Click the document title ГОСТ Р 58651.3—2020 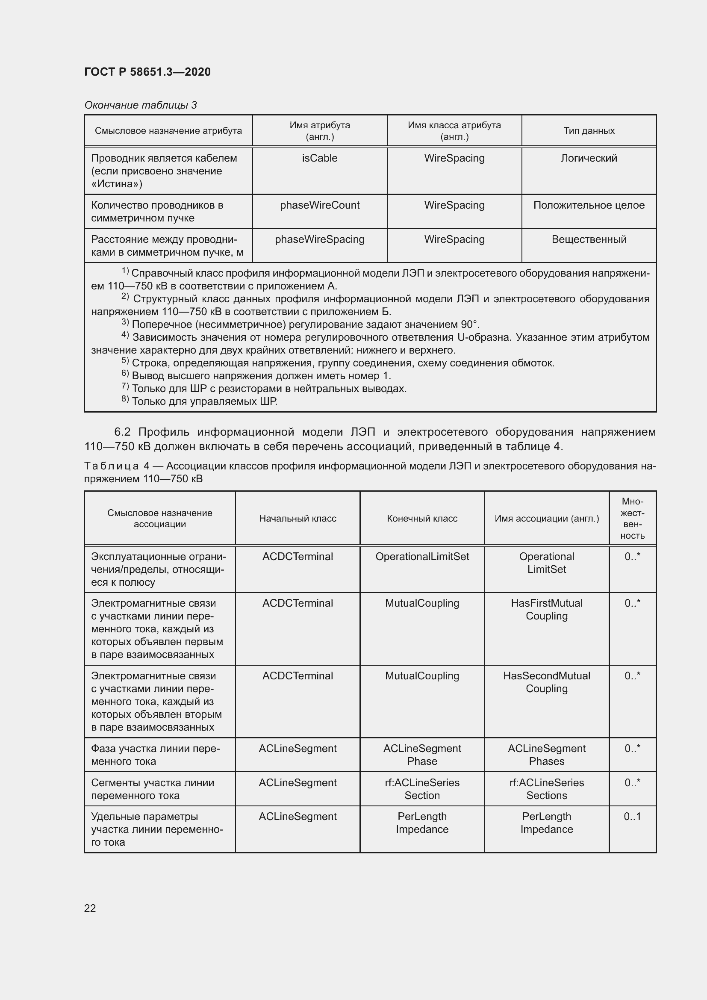coord(147,72)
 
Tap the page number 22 coord(90,908)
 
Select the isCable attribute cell coord(320,158)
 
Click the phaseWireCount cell coord(320,205)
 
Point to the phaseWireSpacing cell coord(320,239)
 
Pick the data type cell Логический coord(589,158)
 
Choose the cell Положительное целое coord(589,205)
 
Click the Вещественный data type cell coord(589,239)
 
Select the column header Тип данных coord(589,131)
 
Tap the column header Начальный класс coord(298,518)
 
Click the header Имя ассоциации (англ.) coord(546,518)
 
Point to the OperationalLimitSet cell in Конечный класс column coord(422,557)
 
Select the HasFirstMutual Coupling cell coord(546,609)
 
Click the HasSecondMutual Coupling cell coord(546,682)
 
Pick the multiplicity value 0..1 coord(632,817)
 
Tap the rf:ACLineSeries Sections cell coord(546,789)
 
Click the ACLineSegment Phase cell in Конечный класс coord(422,755)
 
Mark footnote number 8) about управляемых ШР coord(125,399)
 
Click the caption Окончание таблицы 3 coord(140,105)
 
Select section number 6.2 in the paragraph coord(122,432)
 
